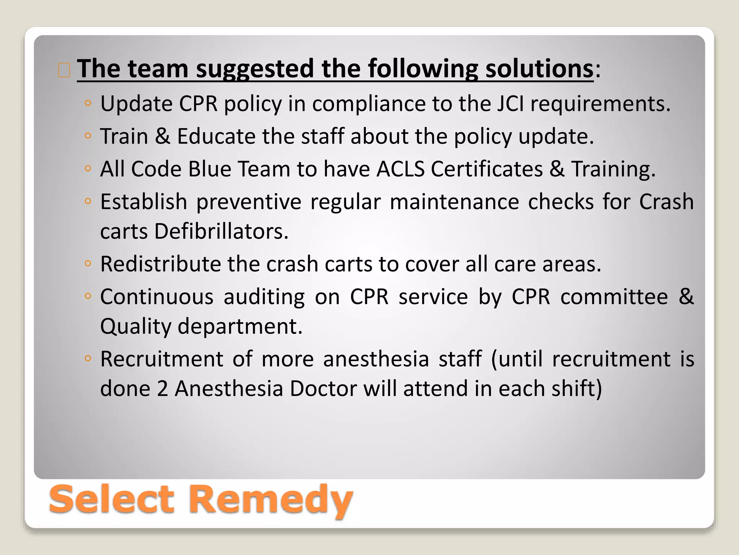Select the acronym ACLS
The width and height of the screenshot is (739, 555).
[x=400, y=169]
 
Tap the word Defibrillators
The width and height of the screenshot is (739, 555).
[x=221, y=231]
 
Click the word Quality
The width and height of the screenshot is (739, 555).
[x=135, y=327]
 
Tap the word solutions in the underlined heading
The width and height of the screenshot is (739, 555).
[x=539, y=69]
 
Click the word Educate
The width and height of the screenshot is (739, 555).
[x=216, y=137]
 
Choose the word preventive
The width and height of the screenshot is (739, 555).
[x=249, y=202]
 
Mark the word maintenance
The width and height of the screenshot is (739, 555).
[x=454, y=202]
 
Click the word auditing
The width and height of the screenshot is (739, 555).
[x=264, y=297]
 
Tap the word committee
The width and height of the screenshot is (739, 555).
[x=614, y=297]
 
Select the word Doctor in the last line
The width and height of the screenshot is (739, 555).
[x=323, y=389]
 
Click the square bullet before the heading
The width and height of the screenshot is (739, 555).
[x=64, y=70]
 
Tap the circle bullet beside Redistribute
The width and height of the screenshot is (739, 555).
[x=87, y=263]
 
